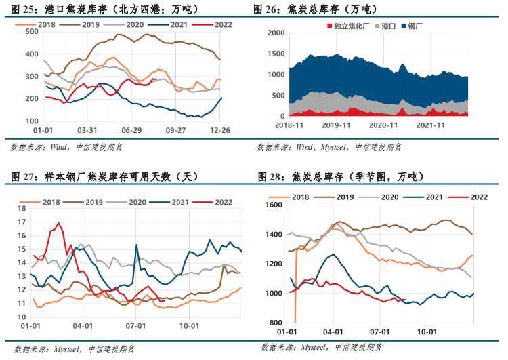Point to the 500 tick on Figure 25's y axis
tap(31, 31)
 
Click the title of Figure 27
tap(104, 178)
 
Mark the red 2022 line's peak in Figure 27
tap(58, 223)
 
